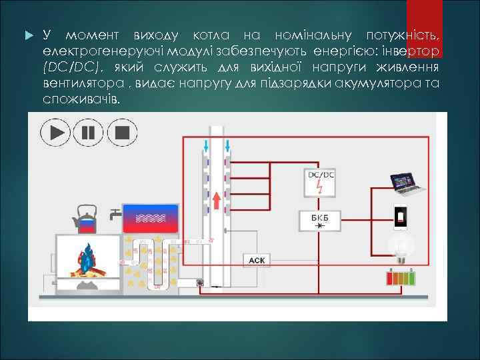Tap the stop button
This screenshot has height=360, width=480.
[121, 132]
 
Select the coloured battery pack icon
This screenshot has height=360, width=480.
[402, 277]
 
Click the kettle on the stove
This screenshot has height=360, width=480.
[85, 218]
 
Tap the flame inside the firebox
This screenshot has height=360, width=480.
[87, 259]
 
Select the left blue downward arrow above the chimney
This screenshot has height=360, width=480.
[206, 145]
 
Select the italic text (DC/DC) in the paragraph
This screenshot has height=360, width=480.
[73, 67]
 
